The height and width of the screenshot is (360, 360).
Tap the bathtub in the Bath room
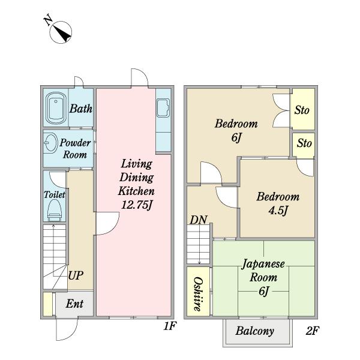56,108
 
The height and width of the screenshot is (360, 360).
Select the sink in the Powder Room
50,143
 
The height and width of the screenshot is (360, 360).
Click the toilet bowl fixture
55,210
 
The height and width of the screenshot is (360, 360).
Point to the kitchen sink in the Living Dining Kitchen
163,107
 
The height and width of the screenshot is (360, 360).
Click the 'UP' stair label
76,275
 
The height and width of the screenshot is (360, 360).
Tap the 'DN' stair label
199,220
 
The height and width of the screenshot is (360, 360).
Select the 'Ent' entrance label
74,304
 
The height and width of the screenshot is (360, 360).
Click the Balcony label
255,331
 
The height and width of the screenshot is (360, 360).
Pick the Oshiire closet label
198,294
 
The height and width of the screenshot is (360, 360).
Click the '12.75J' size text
137,205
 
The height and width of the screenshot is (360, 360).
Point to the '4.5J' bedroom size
278,211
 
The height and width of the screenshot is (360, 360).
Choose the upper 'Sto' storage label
302,110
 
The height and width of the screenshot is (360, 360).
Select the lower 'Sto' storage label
304,143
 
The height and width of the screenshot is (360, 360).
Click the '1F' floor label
170,326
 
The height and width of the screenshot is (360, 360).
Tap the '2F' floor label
313,331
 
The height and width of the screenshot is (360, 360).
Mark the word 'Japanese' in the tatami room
263,264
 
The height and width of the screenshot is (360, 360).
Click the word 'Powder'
75,143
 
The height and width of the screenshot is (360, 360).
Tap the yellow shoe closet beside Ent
48,304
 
